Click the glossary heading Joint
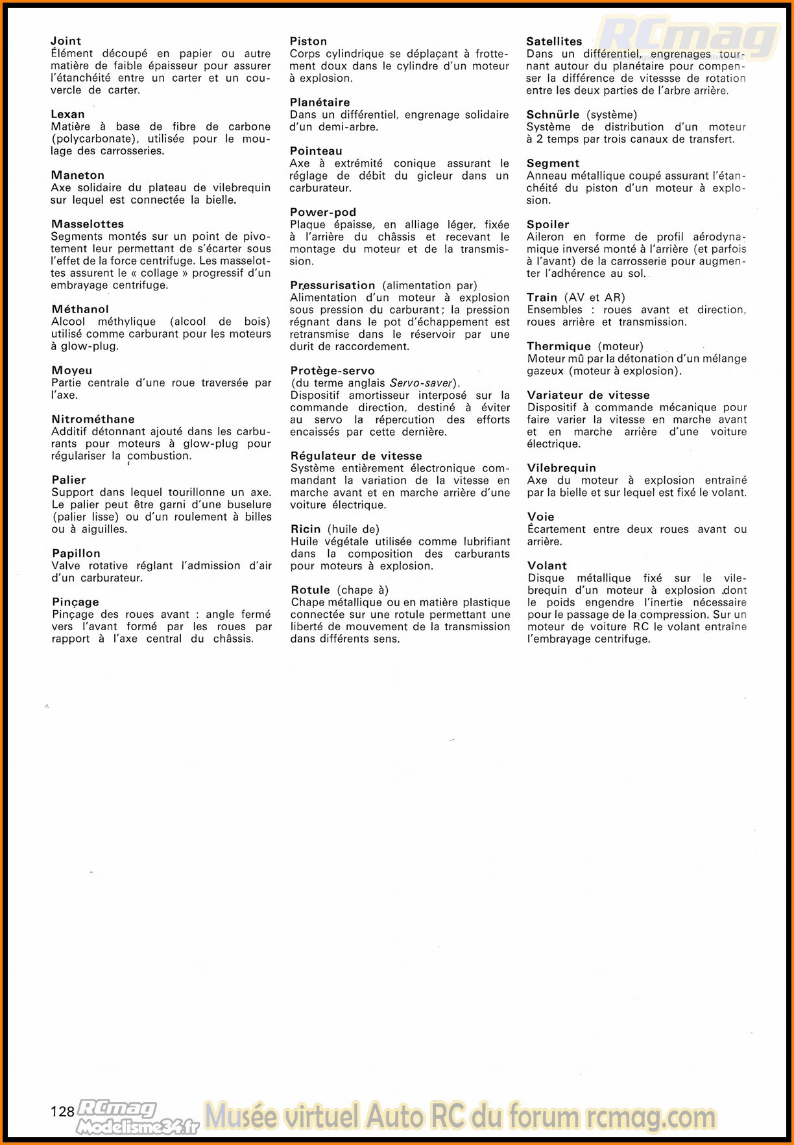pos(66,41)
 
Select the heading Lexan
pos(67,114)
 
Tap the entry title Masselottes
pos(88,224)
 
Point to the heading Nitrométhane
pos(93,419)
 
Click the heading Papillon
pos(76,553)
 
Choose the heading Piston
pos(308,41)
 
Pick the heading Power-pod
pos(323,212)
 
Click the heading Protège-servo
pos(332,370)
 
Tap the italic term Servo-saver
pos(420,383)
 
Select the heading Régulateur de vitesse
pos(356,456)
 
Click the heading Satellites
pos(554,41)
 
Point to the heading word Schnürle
pos(553,115)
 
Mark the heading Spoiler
pos(547,224)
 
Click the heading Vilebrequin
pos(561,467)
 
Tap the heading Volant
pos(547,565)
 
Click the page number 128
pos(62,1111)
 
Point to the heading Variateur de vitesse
pos(588,395)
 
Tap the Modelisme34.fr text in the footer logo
pos(137,1127)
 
